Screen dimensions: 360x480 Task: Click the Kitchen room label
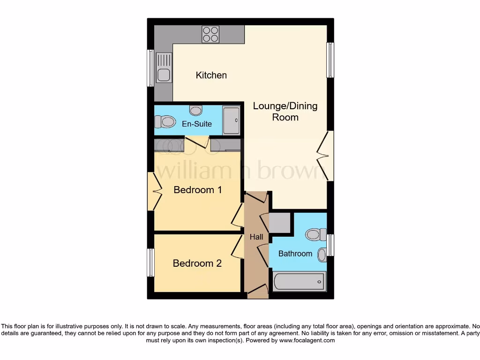(211, 75)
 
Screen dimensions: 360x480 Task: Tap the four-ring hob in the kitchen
(210, 34)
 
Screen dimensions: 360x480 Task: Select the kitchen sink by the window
(164, 68)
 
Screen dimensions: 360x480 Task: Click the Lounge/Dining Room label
(285, 112)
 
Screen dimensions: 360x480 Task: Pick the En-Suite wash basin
(196, 110)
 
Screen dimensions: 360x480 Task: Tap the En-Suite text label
(197, 124)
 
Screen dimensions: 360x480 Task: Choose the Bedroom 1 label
(197, 190)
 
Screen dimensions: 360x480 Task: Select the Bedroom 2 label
(197, 263)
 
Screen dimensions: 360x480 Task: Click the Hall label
(256, 237)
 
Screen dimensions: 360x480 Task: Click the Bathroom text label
(295, 254)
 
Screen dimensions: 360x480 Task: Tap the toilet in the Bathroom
(316, 233)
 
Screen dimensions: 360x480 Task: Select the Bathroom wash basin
(322, 255)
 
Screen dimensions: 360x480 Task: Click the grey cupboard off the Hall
(279, 223)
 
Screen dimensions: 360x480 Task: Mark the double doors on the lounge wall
(326, 156)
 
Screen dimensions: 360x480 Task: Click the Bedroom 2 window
(150, 262)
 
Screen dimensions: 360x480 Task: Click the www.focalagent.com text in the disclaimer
(307, 340)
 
